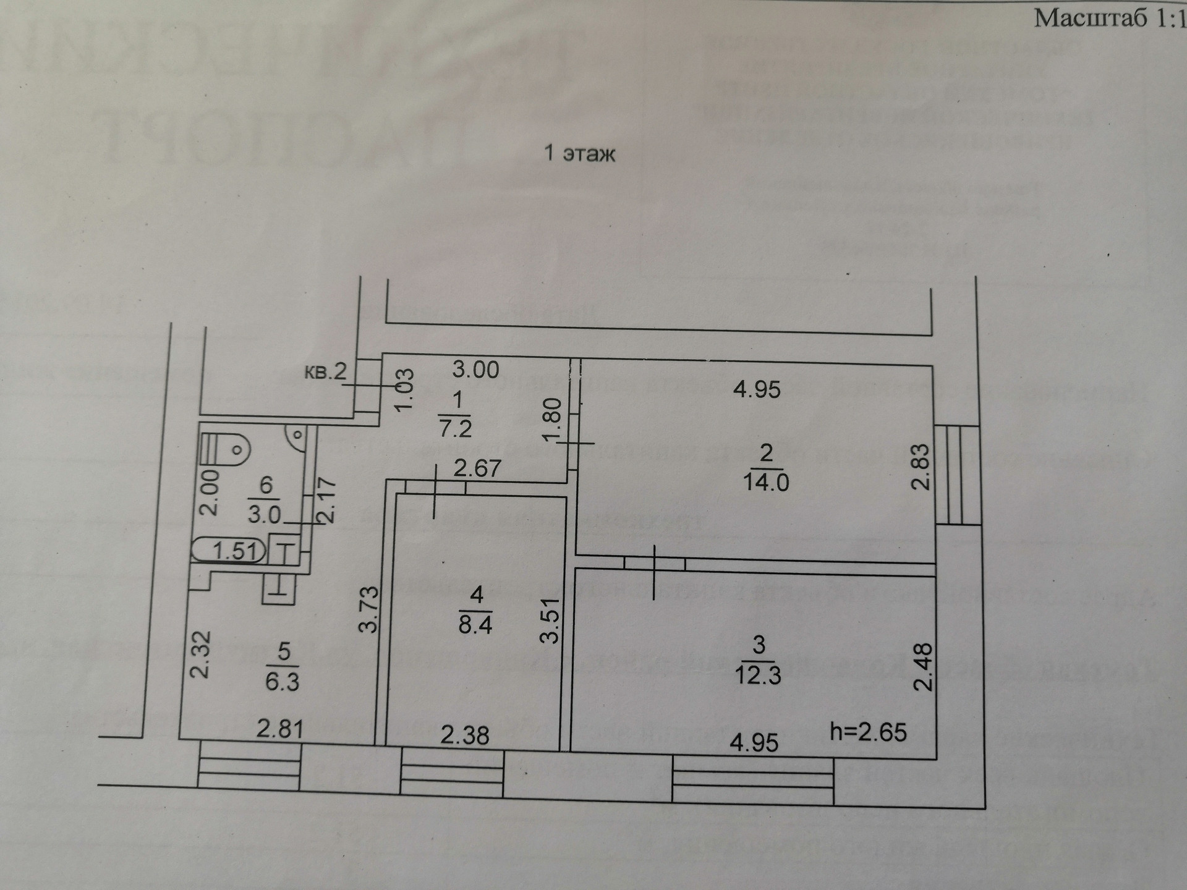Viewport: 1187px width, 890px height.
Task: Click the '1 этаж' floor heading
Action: tap(579, 153)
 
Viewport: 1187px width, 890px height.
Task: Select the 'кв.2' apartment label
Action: tap(326, 371)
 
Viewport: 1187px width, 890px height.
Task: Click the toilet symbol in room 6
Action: tap(226, 446)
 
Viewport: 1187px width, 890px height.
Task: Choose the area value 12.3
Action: tap(758, 674)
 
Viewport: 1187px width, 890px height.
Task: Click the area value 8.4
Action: tap(475, 625)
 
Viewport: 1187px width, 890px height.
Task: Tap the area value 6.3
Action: tap(282, 682)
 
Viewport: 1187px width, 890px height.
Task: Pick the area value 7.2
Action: tap(456, 428)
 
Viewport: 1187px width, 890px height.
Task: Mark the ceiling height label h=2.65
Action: tap(868, 732)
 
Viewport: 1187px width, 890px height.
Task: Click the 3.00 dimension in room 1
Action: tap(475, 370)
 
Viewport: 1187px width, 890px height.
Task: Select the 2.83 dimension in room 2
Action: tap(922, 467)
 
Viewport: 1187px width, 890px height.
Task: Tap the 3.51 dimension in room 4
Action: tap(550, 621)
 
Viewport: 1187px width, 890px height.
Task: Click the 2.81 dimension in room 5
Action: tap(280, 729)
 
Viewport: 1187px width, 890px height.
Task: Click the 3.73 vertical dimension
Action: tap(369, 609)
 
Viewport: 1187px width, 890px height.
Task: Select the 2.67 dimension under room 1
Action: tap(477, 468)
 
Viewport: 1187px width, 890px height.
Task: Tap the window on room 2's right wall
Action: tap(956, 475)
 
